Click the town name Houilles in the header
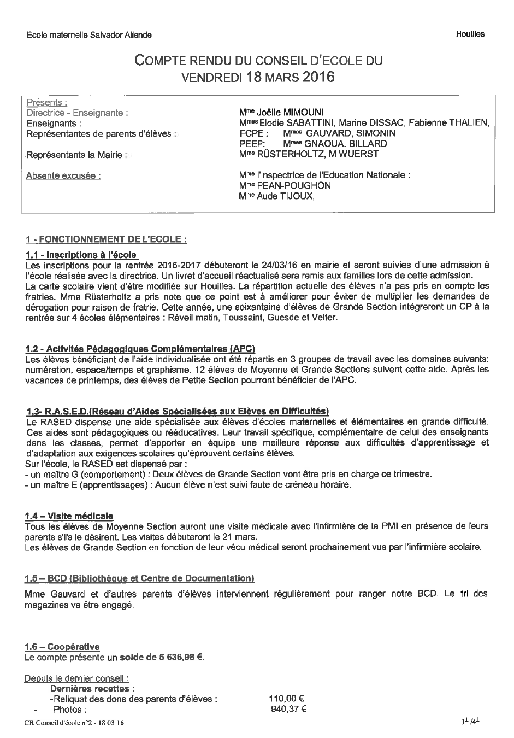tap(470, 34)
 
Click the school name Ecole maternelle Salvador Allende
tap(89, 35)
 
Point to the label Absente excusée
tap(63, 175)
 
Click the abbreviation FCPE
tap(253, 133)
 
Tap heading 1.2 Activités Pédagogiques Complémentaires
tap(140, 348)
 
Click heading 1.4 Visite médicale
tap(69, 516)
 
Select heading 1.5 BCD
tap(139, 578)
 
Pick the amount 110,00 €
tap(286, 698)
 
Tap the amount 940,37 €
tap(288, 709)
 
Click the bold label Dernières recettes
tap(93, 688)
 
